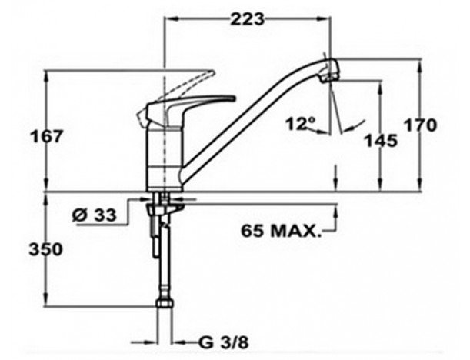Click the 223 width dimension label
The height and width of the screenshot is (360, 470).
247,19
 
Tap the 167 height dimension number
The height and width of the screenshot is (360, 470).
46,136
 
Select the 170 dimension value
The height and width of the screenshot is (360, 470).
419,125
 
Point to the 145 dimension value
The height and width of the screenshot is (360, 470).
381,140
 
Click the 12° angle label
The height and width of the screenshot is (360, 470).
301,123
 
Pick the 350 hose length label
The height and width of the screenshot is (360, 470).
46,249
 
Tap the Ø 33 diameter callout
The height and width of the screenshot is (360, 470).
94,215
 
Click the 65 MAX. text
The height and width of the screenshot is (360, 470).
281,231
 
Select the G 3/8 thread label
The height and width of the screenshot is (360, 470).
224,342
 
